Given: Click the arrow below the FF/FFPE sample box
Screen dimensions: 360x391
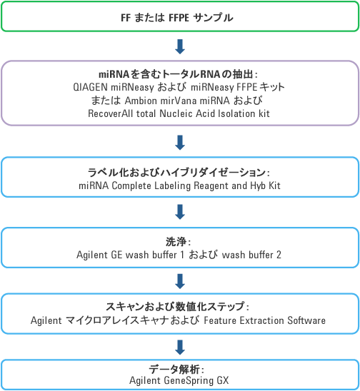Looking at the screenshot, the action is tap(180, 46).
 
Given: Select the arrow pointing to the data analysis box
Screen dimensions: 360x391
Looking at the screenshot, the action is tap(180, 347).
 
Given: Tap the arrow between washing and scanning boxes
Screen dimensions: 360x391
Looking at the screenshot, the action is tap(180, 281).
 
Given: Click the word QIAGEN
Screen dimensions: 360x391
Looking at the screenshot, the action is tap(91, 87).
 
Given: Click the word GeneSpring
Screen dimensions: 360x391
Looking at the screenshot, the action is tap(189, 380).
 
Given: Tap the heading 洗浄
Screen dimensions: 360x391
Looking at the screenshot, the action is tap(176, 241).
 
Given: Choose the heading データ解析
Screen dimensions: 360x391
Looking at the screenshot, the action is tap(174, 369).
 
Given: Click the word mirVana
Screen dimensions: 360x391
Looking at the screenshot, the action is tap(179, 101).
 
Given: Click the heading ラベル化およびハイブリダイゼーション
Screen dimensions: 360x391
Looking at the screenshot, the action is tap(176, 172).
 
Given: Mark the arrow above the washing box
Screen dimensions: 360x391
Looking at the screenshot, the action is tap(180, 212).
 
